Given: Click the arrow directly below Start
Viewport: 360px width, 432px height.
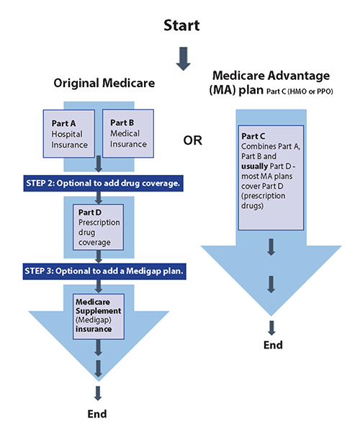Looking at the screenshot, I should point(183,59).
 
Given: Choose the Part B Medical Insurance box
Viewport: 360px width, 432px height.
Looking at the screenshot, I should point(127,133).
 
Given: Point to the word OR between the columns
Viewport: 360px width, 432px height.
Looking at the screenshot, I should point(192,140).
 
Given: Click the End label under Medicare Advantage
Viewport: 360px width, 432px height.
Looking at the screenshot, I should point(273,345).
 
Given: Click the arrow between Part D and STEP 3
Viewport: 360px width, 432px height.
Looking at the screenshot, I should point(99,255).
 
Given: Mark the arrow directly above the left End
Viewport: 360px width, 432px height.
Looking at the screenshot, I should point(97,393).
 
